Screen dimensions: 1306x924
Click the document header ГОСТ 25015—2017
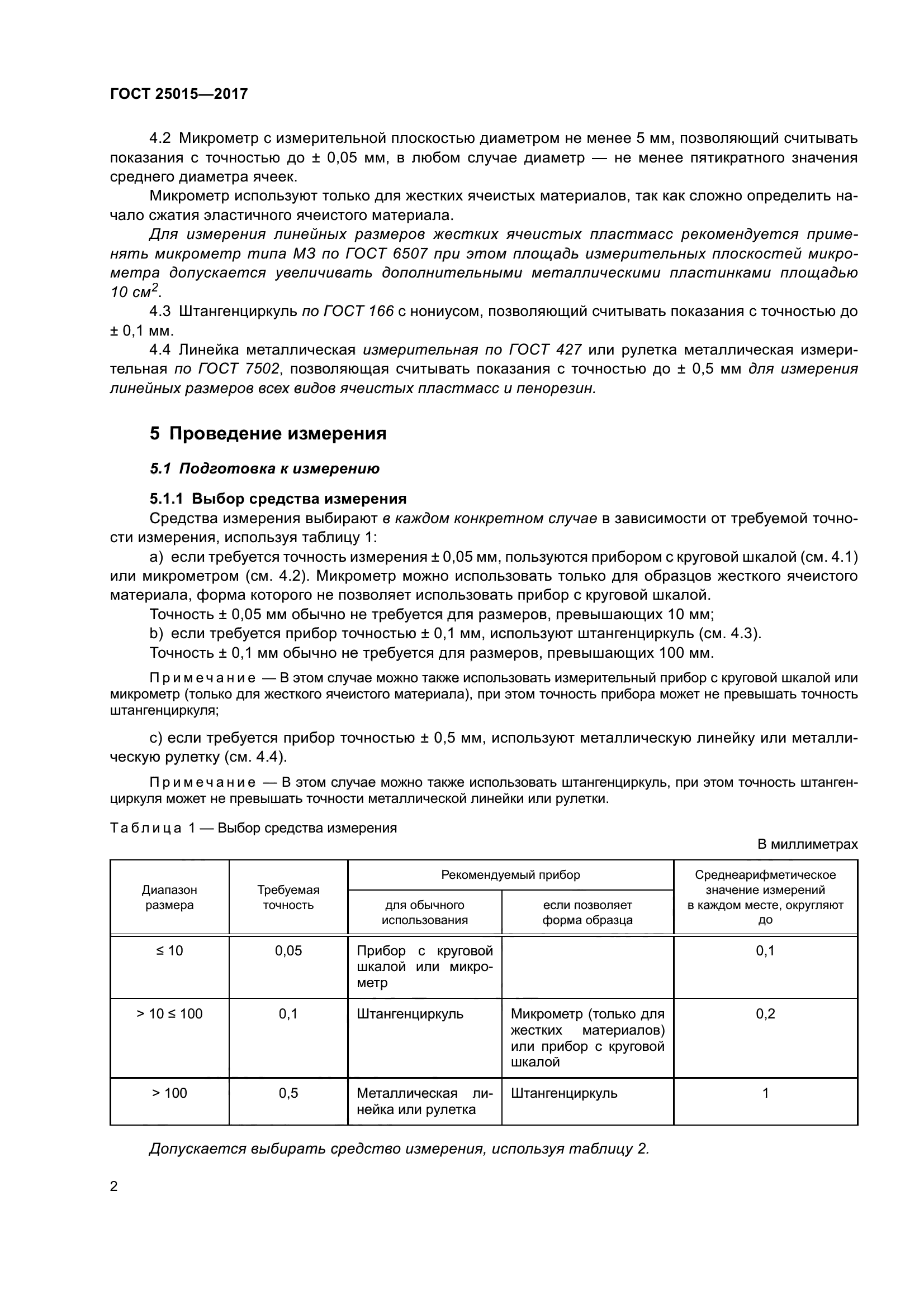[179, 94]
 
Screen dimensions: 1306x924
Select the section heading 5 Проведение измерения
[268, 433]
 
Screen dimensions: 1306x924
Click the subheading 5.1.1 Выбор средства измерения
[278, 499]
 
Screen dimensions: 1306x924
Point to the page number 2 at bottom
[114, 1187]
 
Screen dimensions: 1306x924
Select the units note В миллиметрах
[807, 845]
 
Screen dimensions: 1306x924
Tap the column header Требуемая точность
[288, 898]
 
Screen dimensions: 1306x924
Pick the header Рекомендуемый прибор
[510, 875]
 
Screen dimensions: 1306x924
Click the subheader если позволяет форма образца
[587, 912]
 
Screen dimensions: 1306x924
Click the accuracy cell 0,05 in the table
[288, 951]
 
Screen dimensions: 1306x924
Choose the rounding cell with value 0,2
[765, 1014]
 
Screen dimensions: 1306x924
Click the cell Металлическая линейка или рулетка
[424, 1101]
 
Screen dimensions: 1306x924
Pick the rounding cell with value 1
[765, 1093]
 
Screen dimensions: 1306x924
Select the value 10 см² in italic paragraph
[135, 293]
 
